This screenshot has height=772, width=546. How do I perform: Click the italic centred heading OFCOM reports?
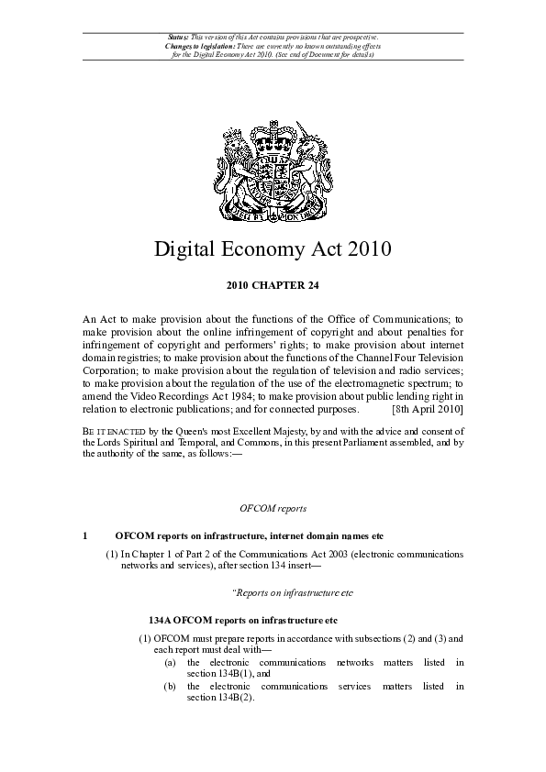click(x=273, y=507)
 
